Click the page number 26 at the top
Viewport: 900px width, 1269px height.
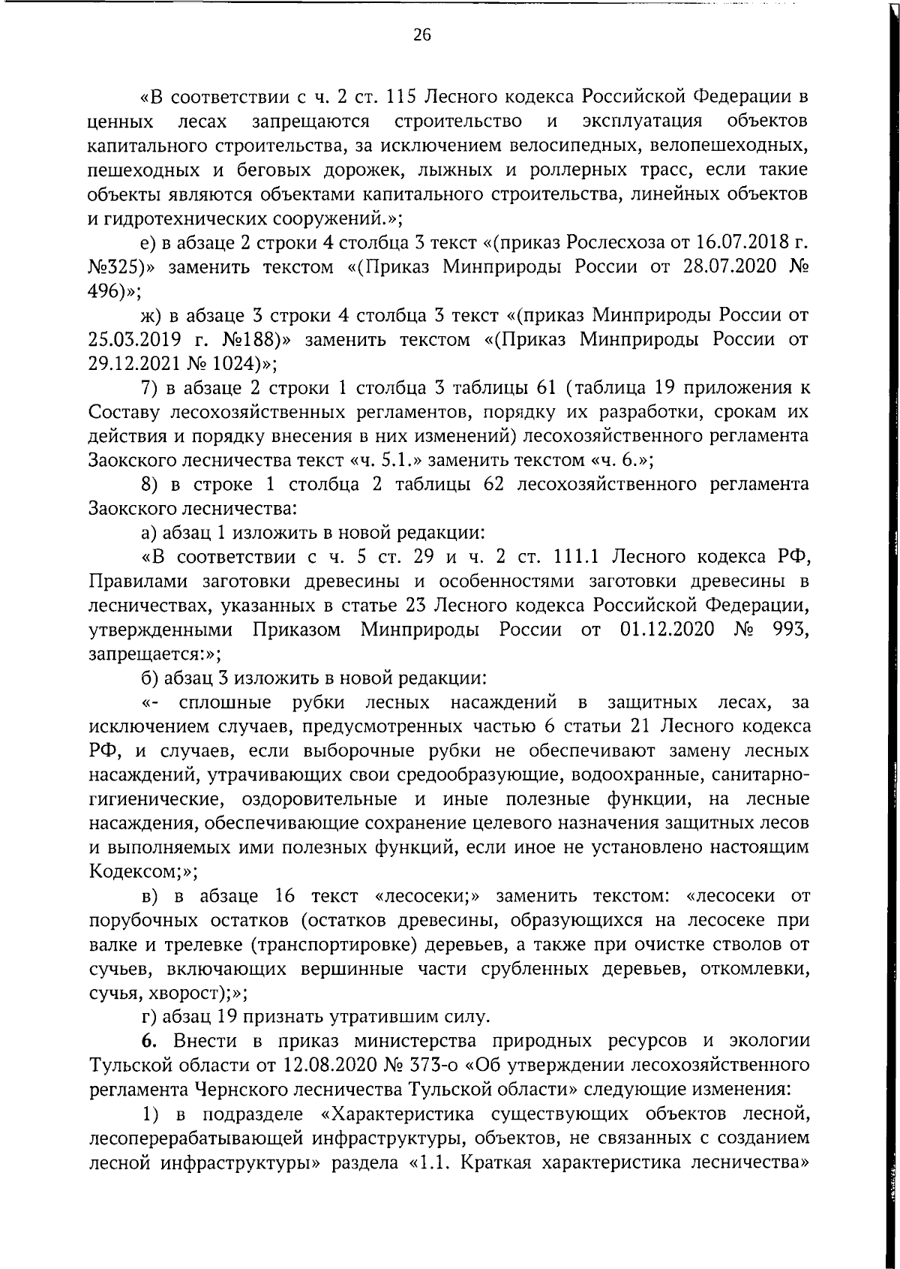point(422,35)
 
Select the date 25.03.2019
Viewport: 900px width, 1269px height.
point(136,339)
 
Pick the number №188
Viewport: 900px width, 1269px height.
point(250,339)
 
